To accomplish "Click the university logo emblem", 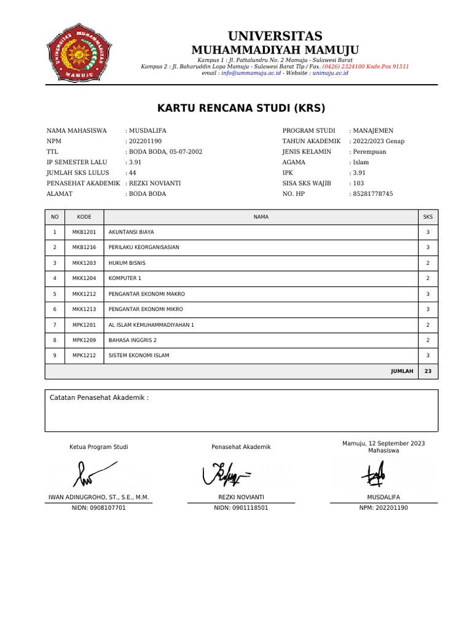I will [x=81, y=52].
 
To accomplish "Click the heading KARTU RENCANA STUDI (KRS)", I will [x=241, y=109].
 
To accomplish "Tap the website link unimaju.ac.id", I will [x=330, y=72].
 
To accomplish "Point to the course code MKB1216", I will [x=84, y=248].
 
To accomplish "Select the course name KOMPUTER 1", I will [x=125, y=278].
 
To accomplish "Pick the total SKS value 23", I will [x=428, y=371].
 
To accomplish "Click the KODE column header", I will [x=84, y=217].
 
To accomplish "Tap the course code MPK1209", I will [x=84, y=340].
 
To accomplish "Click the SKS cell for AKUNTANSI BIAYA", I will [x=428, y=232].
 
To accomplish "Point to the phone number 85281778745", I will [x=372, y=193].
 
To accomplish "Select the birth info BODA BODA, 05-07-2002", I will [x=165, y=152].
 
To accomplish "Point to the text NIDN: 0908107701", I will [x=99, y=508].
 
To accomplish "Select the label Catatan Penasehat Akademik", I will [x=98, y=397].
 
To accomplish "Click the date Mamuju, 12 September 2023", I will [x=383, y=443].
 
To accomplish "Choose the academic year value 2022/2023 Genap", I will [x=379, y=141].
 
